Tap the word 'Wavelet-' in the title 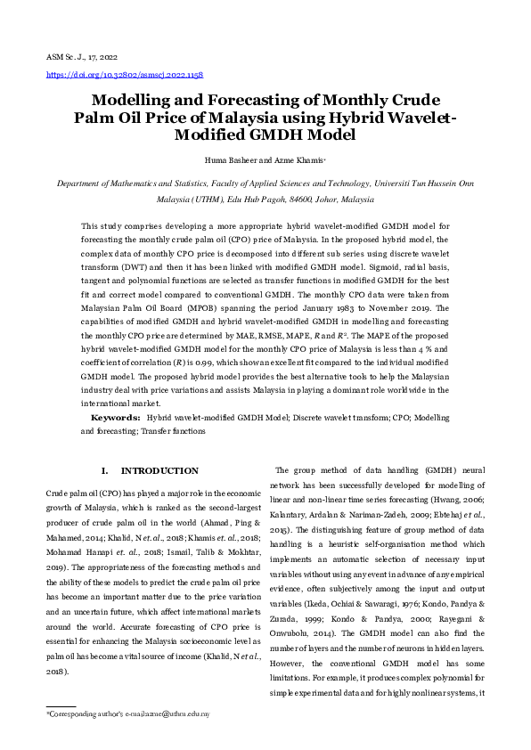(x=413, y=118)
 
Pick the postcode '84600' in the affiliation (x=290, y=200)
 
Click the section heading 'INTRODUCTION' (x=159, y=470)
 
